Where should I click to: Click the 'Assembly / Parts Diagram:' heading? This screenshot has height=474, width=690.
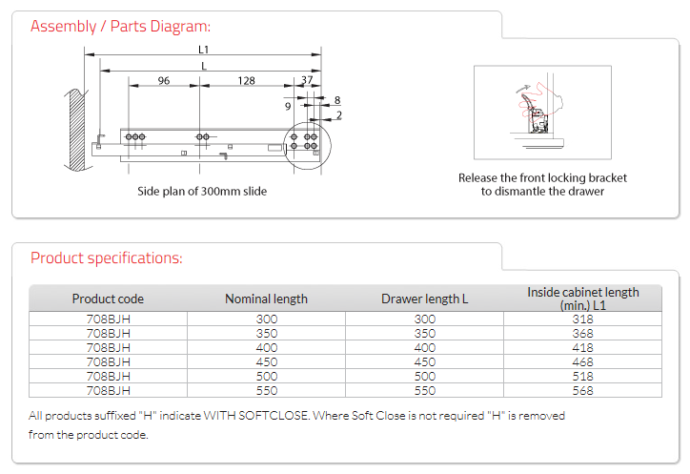point(121,26)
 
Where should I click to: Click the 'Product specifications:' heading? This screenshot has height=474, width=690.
point(107,258)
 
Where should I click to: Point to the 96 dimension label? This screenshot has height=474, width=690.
point(164,81)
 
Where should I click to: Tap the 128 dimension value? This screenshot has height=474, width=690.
point(246,81)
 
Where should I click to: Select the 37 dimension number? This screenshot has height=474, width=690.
point(306,81)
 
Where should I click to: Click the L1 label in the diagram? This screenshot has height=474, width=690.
point(204,49)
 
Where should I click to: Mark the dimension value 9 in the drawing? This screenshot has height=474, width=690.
point(288,106)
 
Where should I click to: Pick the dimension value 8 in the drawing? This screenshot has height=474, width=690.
point(337,100)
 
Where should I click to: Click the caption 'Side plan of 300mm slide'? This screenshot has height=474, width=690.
point(202,191)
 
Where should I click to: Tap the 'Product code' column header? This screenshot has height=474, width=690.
point(108,299)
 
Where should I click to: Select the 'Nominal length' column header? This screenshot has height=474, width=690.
point(266,299)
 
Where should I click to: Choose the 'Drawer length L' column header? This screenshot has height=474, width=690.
point(425,299)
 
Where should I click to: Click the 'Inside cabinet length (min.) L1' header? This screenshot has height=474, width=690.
point(583,299)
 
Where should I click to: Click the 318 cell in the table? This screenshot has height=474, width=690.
point(583,319)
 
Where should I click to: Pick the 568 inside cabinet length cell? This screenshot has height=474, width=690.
point(583,390)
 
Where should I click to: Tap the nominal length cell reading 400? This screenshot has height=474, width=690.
point(267,348)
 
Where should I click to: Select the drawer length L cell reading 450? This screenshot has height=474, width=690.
point(425,362)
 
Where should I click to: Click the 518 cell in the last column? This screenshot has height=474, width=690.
point(583,377)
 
